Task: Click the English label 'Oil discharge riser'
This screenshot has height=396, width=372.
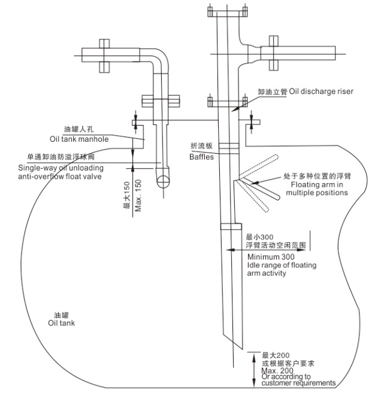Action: (321, 92)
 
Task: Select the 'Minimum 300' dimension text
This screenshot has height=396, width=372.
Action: (268, 257)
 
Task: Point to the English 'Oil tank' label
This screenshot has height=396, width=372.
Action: (61, 323)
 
